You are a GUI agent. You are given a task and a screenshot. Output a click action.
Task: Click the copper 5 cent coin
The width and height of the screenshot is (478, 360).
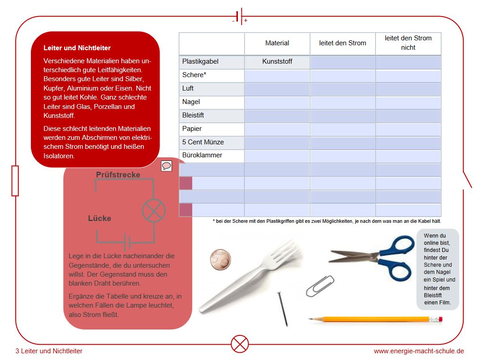tap(221, 260)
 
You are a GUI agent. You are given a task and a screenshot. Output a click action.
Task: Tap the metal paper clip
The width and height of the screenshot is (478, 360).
tap(320, 286)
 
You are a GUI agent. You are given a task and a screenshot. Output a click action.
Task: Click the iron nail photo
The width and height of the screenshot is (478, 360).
tap(283, 308)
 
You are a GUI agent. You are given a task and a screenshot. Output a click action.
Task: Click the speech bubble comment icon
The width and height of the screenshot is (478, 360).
tap(167, 166)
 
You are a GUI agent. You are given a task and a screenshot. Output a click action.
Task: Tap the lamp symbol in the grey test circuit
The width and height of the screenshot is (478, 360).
tap(154, 210)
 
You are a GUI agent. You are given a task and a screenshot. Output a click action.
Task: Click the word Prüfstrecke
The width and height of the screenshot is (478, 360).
tap(118, 175)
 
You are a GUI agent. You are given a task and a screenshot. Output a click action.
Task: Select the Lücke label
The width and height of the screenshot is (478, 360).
tap(99, 218)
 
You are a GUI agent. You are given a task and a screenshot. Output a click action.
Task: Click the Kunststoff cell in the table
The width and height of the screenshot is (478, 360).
tap(277, 61)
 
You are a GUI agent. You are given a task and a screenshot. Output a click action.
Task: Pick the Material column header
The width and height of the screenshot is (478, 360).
tap(277, 43)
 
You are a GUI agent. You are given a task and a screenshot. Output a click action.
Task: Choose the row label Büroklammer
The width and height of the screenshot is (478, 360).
tap(202, 156)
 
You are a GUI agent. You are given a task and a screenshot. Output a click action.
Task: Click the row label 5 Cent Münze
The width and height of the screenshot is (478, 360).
tap(203, 142)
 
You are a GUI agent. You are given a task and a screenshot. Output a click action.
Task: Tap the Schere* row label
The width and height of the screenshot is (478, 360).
tap(194, 75)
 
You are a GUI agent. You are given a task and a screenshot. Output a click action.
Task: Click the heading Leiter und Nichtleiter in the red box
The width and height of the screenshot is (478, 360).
tap(77, 48)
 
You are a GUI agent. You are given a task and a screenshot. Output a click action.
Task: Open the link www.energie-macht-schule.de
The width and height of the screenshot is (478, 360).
tap(418, 351)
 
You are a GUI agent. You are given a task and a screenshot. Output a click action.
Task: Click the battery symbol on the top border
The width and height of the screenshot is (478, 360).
tap(239, 17)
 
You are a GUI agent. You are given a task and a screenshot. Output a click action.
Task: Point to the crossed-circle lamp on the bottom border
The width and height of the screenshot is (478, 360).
tap(240, 344)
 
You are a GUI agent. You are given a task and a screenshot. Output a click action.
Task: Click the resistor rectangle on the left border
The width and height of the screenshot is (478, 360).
tap(15, 181)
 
